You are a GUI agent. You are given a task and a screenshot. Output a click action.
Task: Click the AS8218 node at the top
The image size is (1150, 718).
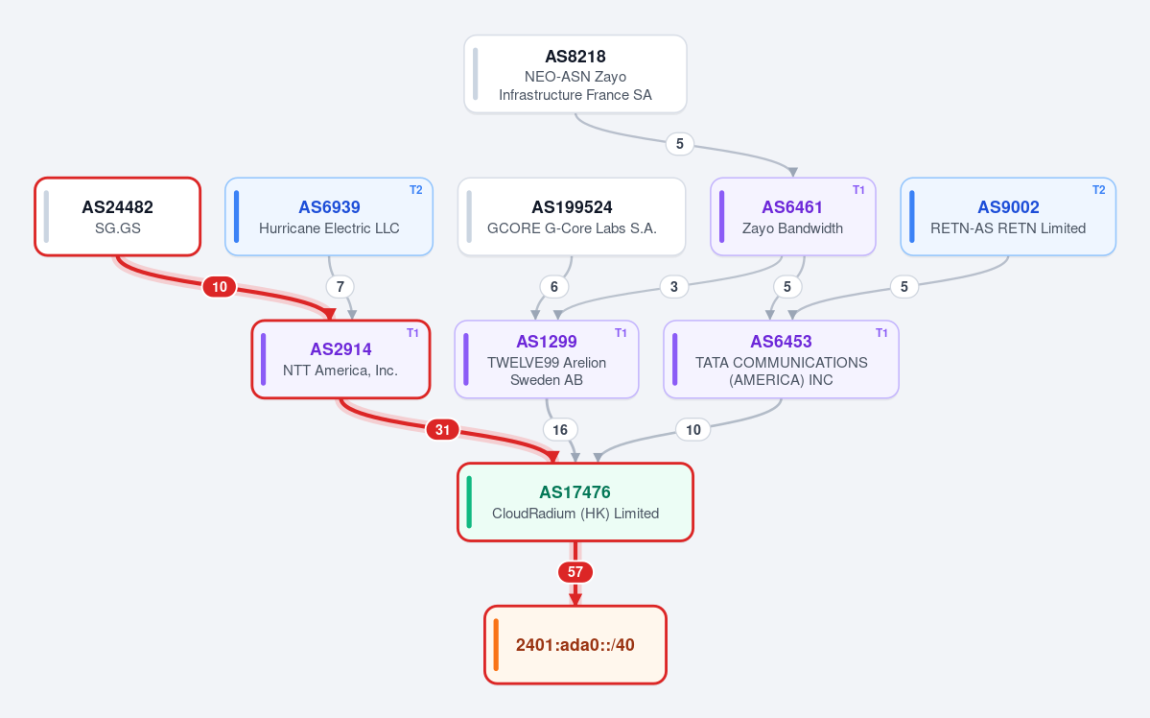575,74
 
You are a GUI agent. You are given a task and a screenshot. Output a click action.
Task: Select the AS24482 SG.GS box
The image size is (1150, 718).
117,217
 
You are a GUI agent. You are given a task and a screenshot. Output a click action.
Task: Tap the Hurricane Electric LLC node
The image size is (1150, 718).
329,217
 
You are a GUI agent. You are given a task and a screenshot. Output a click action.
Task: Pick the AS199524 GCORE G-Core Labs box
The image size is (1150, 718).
572,217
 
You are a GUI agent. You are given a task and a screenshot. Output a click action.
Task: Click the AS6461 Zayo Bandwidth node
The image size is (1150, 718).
793,217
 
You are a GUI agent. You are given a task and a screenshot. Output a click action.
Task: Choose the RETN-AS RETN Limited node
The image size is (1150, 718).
1008,217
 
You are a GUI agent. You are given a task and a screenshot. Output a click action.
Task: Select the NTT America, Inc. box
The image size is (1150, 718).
341,359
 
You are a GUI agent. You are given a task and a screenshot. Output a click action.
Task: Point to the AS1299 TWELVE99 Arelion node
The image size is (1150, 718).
547,359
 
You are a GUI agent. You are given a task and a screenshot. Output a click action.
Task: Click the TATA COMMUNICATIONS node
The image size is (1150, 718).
781,359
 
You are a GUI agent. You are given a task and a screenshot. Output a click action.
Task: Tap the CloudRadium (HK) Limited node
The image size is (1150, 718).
575,502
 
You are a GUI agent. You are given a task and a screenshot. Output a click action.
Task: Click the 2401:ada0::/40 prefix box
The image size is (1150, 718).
575,645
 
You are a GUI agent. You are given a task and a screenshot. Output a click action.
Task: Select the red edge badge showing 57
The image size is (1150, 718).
575,572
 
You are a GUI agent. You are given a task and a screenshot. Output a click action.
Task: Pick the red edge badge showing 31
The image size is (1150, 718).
442,429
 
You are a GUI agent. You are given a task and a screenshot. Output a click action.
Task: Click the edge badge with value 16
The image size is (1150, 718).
559,429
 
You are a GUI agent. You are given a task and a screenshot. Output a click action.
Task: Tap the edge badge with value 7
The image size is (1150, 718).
340,286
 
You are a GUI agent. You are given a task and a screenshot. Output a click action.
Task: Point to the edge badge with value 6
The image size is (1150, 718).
553,286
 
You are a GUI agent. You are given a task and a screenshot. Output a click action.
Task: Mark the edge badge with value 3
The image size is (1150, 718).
674,286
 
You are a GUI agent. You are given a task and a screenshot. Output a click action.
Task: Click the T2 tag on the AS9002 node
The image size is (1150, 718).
1098,190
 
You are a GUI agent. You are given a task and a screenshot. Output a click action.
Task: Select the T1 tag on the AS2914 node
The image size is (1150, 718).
413,333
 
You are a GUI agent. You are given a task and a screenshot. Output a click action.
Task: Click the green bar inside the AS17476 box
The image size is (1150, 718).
469,502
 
